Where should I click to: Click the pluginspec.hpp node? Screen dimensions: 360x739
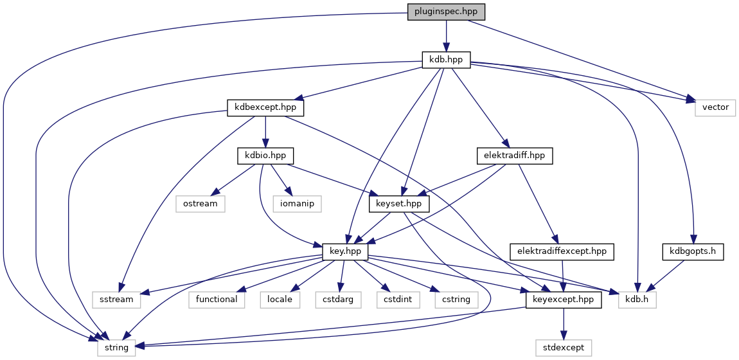446,12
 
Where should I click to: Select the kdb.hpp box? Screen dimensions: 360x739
446,60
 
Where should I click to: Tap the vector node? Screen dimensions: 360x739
715,107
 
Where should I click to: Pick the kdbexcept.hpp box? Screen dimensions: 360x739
265,107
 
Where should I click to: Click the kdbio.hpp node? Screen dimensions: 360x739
265,156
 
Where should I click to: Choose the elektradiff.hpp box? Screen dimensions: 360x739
515,156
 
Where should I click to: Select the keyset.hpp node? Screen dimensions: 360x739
399,204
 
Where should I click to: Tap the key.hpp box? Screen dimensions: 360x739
344,251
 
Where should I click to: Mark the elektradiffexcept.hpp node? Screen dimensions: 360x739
562,251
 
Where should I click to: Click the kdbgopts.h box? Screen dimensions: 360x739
693,251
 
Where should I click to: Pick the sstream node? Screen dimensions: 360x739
116,299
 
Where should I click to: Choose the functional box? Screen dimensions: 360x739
217,299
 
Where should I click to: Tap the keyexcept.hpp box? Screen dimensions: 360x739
564,299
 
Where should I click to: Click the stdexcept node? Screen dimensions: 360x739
564,347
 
